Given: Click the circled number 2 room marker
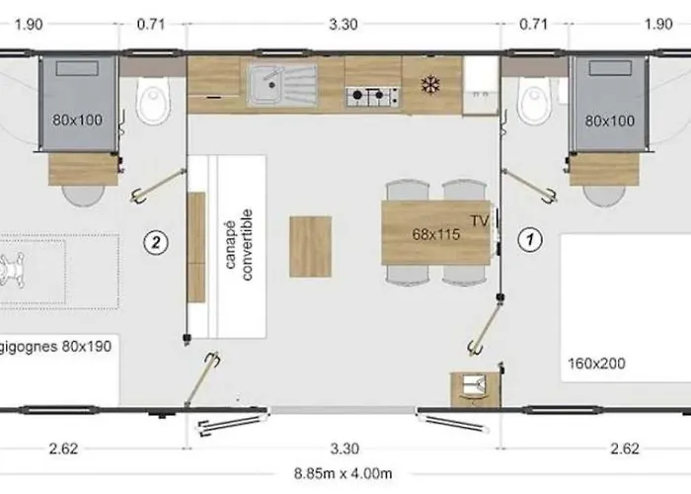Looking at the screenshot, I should point(154,238).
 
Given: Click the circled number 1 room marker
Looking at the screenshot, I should point(531,238).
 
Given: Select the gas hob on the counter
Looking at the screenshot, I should point(372,96).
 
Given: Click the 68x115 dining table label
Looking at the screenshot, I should point(436,234).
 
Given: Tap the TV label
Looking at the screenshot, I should point(480,218).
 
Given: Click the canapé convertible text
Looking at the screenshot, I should point(241,244).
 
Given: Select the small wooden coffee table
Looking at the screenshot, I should point(310,245).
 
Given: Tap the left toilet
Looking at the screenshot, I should point(153,101).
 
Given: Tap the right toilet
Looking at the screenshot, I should point(534,101).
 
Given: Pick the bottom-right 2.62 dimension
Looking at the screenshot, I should point(624,449).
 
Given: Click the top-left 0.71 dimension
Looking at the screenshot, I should point(151,25).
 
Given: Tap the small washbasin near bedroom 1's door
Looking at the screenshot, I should point(470,386).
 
